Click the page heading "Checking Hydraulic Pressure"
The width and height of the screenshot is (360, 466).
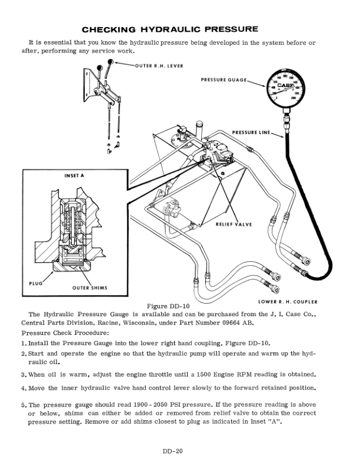(x=170, y=29)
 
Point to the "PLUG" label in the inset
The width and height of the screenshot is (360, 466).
(x=36, y=282)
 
